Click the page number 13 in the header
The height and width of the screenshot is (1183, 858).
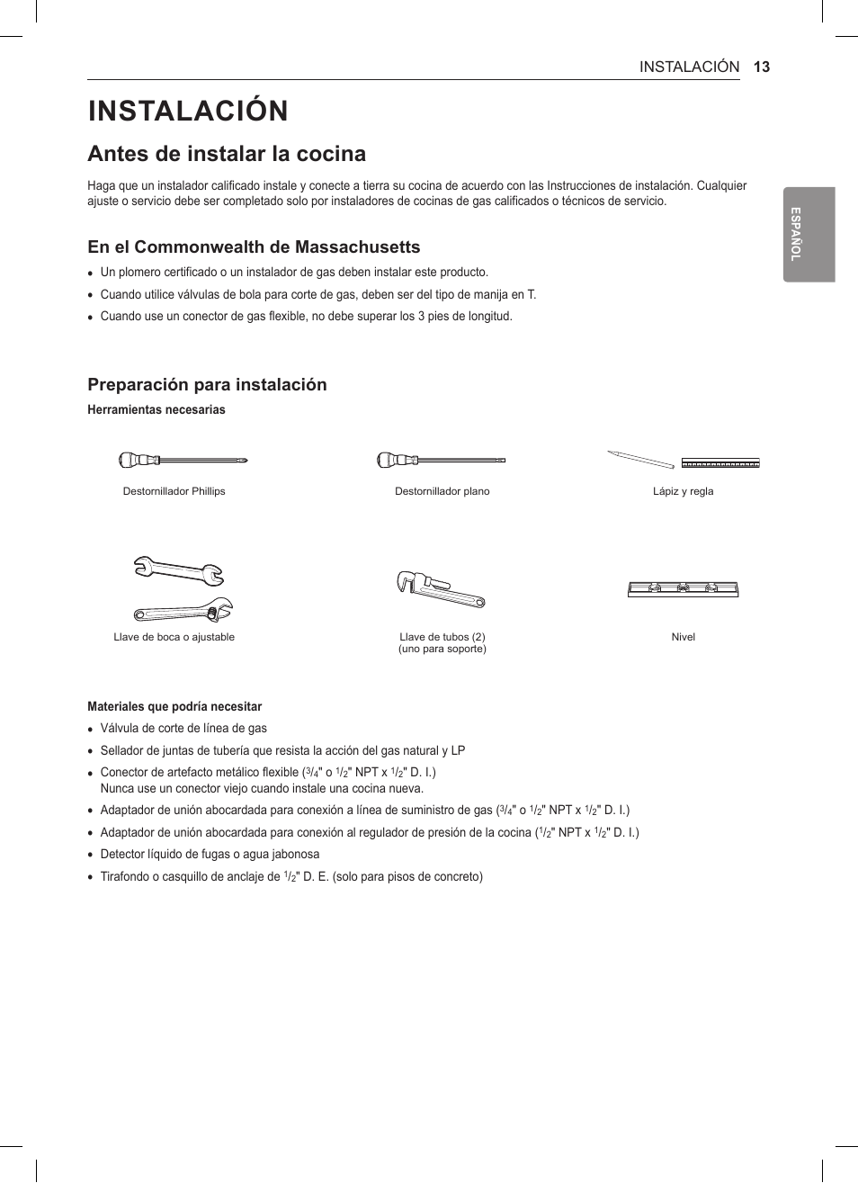762,67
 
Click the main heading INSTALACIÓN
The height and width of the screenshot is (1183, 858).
188,111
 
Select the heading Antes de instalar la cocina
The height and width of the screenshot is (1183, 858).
227,154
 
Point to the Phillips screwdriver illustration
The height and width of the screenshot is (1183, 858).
183,461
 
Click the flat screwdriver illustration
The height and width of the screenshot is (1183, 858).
441,461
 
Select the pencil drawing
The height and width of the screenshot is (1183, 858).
640,460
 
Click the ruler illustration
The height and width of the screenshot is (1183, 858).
720,464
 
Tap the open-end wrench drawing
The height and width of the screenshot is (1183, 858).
178,569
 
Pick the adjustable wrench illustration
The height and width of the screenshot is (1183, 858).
183,611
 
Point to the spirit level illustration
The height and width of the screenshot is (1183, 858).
683,589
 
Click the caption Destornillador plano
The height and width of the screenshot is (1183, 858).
442,491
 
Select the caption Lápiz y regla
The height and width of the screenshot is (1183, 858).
683,491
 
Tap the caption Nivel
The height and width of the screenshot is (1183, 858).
683,637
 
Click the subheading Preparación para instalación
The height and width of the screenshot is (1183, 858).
207,385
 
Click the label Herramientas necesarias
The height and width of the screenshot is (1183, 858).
156,410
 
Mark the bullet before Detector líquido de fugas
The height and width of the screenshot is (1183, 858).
91,856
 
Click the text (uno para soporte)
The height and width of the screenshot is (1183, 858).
442,649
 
